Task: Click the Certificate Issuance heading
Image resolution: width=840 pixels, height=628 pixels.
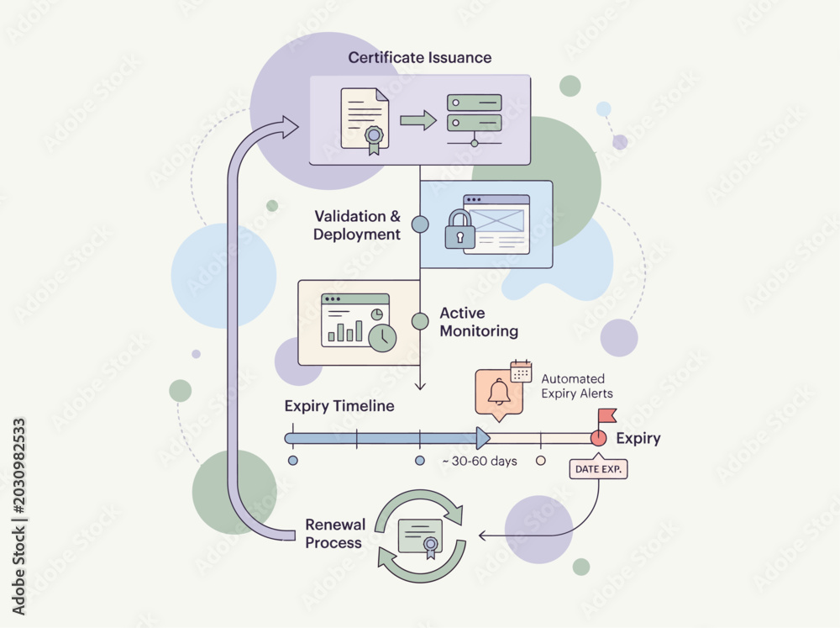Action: (419, 57)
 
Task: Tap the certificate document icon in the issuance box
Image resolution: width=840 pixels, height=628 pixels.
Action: (365, 122)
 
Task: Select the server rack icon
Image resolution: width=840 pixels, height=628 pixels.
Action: (474, 120)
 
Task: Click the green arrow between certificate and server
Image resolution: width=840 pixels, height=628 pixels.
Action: (418, 120)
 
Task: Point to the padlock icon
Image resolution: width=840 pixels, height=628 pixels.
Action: (459, 229)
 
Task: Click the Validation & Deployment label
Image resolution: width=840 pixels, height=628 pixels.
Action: (357, 225)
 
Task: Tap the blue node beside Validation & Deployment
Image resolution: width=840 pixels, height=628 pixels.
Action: (420, 224)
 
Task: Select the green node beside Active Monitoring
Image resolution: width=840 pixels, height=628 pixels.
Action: (420, 321)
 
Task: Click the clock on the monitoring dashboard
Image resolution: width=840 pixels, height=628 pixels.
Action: (382, 338)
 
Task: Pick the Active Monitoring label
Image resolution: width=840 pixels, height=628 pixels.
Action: (479, 322)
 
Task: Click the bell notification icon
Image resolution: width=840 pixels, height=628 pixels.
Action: (499, 393)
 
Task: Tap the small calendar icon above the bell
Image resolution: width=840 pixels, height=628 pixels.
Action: (521, 371)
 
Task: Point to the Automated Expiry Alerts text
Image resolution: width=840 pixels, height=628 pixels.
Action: (577, 386)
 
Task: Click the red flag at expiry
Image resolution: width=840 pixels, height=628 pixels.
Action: (607, 415)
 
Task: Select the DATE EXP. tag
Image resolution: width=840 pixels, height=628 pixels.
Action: (598, 469)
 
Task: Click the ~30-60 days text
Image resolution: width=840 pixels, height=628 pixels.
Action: (480, 462)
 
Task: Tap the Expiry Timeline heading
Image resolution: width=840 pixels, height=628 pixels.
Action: (339, 406)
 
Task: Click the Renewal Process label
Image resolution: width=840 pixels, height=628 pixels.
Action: (335, 534)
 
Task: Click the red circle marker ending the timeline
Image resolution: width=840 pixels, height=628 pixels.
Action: (598, 439)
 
